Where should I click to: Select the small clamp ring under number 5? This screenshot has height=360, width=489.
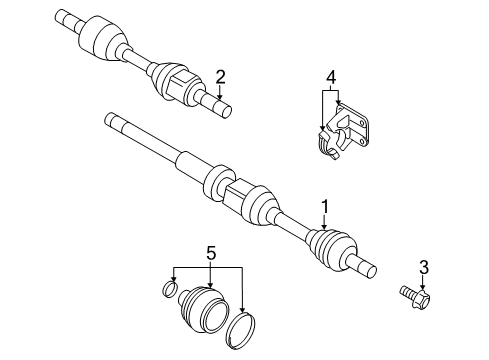pos(171,292)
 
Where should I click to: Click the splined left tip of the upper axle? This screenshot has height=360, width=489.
pos(67,15)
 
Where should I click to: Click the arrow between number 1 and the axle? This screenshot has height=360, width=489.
pos(323,222)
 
